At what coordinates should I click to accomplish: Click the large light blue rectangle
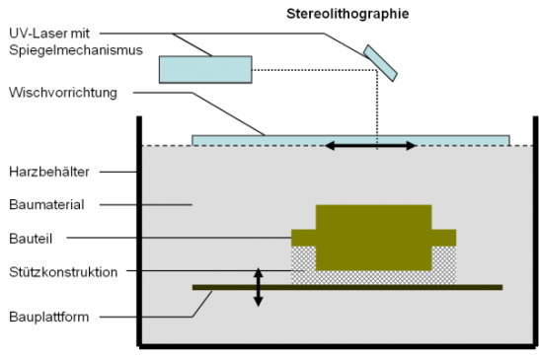coord(205,69)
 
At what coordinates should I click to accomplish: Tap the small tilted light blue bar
coord(380,63)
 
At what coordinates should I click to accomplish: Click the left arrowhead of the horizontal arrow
coord(330,146)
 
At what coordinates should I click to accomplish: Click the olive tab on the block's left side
coord(303,238)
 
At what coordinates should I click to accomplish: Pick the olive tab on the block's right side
coord(443,238)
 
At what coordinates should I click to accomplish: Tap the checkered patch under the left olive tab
coord(303,258)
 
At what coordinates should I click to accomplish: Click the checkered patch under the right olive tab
coord(443,258)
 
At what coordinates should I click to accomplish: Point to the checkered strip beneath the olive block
coord(373,277)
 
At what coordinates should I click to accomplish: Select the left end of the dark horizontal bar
coord(196,287)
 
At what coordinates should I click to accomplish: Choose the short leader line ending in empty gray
coord(167,205)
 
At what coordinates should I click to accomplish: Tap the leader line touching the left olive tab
coord(216,238)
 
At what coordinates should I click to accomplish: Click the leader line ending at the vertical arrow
coord(197,270)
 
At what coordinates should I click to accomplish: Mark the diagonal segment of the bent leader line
coord(201,304)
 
